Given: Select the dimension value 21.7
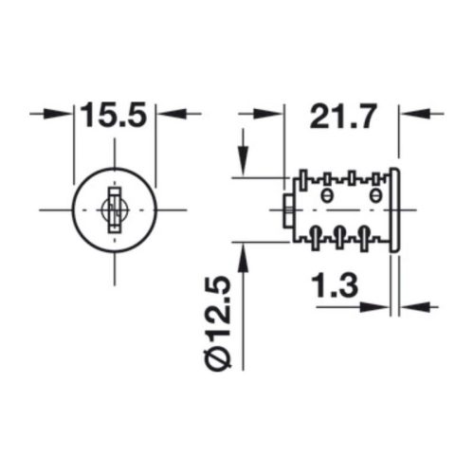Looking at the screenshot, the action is click(x=343, y=116).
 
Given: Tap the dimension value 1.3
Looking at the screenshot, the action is click(x=335, y=286).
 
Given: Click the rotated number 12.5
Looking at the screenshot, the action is click(x=218, y=311).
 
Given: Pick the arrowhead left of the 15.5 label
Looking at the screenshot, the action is click(x=59, y=114).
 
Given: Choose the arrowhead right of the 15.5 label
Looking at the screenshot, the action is click(x=171, y=114).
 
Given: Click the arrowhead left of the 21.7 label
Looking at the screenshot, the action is click(x=269, y=114).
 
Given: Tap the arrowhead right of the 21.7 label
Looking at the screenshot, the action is click(x=414, y=114).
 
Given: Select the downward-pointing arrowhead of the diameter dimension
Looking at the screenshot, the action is click(x=243, y=160).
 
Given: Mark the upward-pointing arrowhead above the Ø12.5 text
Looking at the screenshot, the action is click(x=243, y=259).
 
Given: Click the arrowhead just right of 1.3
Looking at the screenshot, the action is click(x=414, y=306).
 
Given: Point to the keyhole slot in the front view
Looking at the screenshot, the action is click(x=115, y=210).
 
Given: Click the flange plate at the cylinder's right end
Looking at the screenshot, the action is click(x=394, y=210).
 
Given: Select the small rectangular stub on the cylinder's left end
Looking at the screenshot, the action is click(x=288, y=210).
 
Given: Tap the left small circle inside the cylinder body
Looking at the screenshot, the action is click(x=327, y=195).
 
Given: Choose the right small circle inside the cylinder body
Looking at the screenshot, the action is click(x=375, y=195).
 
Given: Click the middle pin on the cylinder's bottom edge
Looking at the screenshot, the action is click(x=339, y=237).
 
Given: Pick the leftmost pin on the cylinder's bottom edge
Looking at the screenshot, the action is click(x=315, y=238).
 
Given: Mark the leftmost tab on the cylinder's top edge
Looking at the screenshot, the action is click(x=303, y=180).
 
